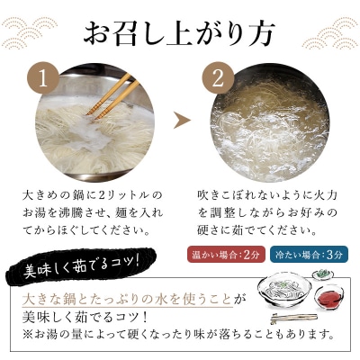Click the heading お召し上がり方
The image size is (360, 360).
[x=180, y=33]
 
